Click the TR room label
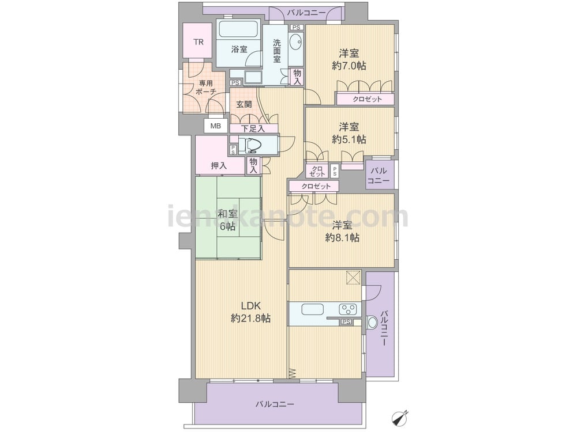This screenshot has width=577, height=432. pyautogui.click(x=198, y=42)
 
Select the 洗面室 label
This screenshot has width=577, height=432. pyautogui.click(x=277, y=51)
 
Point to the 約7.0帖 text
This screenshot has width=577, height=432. pyautogui.click(x=349, y=66)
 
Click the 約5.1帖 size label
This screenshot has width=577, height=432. pyautogui.click(x=349, y=139)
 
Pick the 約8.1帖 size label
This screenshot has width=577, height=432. pyautogui.click(x=342, y=238)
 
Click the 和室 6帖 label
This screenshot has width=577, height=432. pyautogui.click(x=227, y=219)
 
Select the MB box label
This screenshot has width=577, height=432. pyautogui.click(x=216, y=126)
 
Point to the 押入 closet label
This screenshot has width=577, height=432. pyautogui.click(x=219, y=166)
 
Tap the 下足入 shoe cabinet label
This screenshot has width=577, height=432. pyautogui.click(x=253, y=128)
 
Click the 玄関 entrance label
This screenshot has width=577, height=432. pyautogui.click(x=244, y=104)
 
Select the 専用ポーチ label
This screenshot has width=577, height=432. pyautogui.click(x=206, y=88)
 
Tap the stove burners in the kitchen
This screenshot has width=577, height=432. pyautogui.click(x=348, y=309)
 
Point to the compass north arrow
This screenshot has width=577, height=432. pyautogui.click(x=400, y=417)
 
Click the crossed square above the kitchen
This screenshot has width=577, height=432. pyautogui.click(x=353, y=278)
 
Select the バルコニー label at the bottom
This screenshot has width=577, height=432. pyautogui.click(x=275, y=404)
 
